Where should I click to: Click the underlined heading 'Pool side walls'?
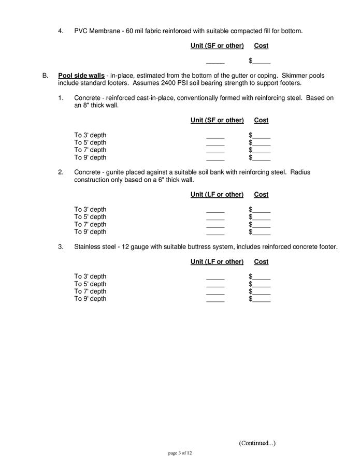pos(81,76)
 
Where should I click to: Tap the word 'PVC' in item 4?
pos(81,31)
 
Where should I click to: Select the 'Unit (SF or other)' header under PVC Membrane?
pos(217,46)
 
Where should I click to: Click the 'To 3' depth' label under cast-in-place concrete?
pos(90,135)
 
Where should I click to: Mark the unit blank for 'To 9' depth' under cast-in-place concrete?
pos(215,158)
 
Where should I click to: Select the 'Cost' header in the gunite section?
pos(261,195)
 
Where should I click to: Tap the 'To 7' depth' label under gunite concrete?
pos(90,224)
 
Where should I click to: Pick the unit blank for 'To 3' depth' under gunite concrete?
pos(215,210)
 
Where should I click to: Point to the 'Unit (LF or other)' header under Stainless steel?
pos(217,261)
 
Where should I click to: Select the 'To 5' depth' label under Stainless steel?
pos(90,284)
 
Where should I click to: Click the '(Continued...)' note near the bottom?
pos(257,443)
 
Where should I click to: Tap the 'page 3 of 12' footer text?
pos(180,454)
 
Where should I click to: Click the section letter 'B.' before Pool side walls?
pos(46,76)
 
